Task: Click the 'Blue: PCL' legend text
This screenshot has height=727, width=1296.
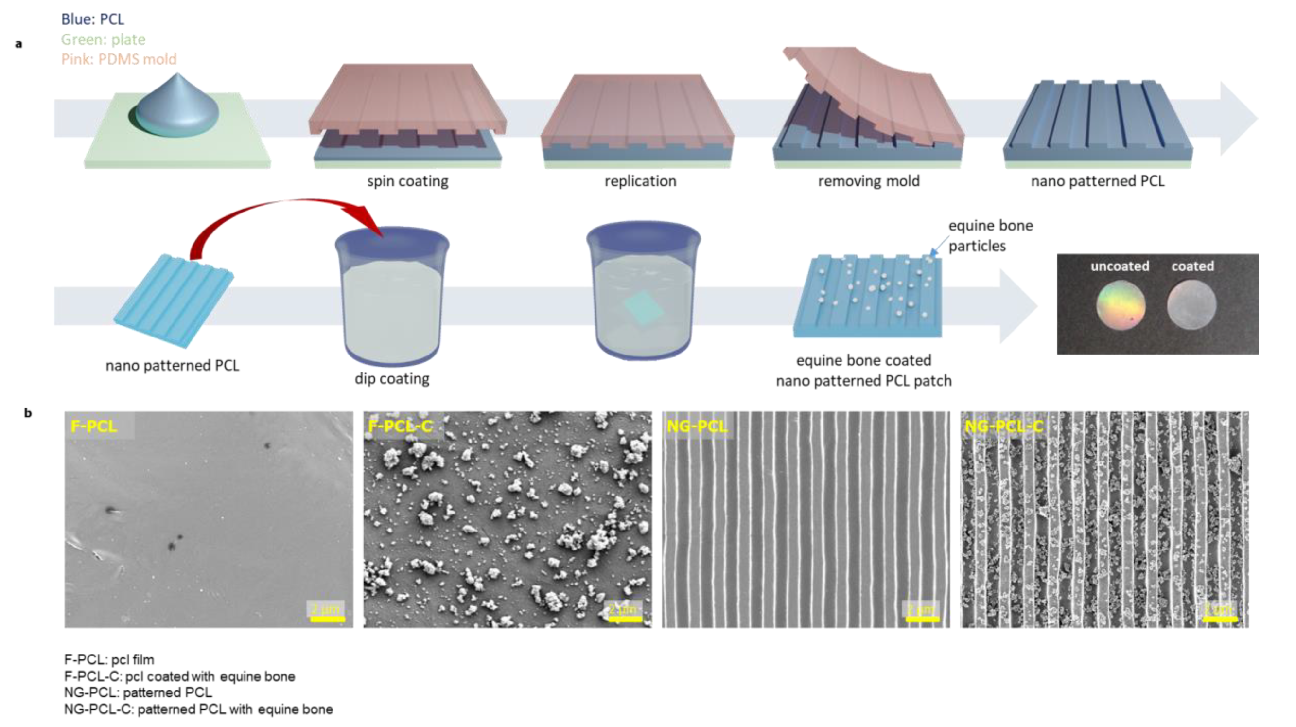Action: (92, 19)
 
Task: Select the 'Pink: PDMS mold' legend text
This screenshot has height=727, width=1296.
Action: (119, 59)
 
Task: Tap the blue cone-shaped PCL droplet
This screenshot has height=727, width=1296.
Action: (176, 108)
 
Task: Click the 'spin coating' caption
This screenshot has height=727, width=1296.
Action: (407, 181)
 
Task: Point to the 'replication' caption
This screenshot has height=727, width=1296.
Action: (640, 181)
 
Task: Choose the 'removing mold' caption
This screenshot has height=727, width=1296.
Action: (868, 181)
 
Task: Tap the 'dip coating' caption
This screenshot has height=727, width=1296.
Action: (392, 378)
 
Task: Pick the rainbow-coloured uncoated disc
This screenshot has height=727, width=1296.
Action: (1121, 305)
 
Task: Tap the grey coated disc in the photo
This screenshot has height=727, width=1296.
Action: (1191, 305)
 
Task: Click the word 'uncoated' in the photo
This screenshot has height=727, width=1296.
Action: (1120, 266)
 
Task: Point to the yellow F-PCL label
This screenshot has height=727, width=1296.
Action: (93, 426)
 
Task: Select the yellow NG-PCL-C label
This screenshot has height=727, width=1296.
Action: (1004, 426)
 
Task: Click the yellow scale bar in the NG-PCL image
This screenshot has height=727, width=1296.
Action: (922, 619)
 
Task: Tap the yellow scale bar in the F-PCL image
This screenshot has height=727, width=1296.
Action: (327, 619)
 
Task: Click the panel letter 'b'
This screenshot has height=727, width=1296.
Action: (28, 413)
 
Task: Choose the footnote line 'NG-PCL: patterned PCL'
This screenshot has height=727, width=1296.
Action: (138, 693)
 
